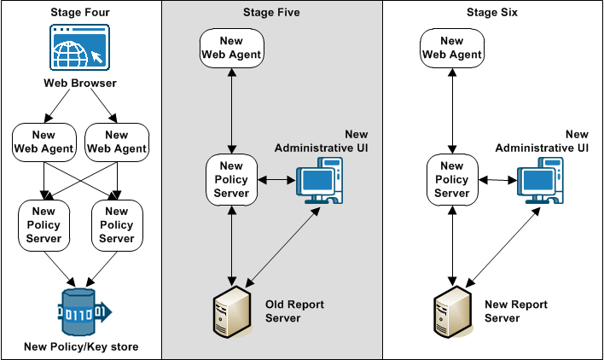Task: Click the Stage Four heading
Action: [x=80, y=12]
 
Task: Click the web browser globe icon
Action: [x=80, y=48]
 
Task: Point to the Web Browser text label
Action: [x=80, y=84]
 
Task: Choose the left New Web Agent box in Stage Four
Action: [x=44, y=142]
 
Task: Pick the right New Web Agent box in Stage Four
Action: [x=117, y=142]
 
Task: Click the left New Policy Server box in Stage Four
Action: [x=44, y=224]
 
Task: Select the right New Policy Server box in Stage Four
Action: [x=117, y=224]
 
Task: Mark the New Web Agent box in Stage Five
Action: [x=231, y=48]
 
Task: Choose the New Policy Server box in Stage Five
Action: [x=231, y=179]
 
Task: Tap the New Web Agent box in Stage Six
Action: [x=452, y=48]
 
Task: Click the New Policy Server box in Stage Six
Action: [x=452, y=179]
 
